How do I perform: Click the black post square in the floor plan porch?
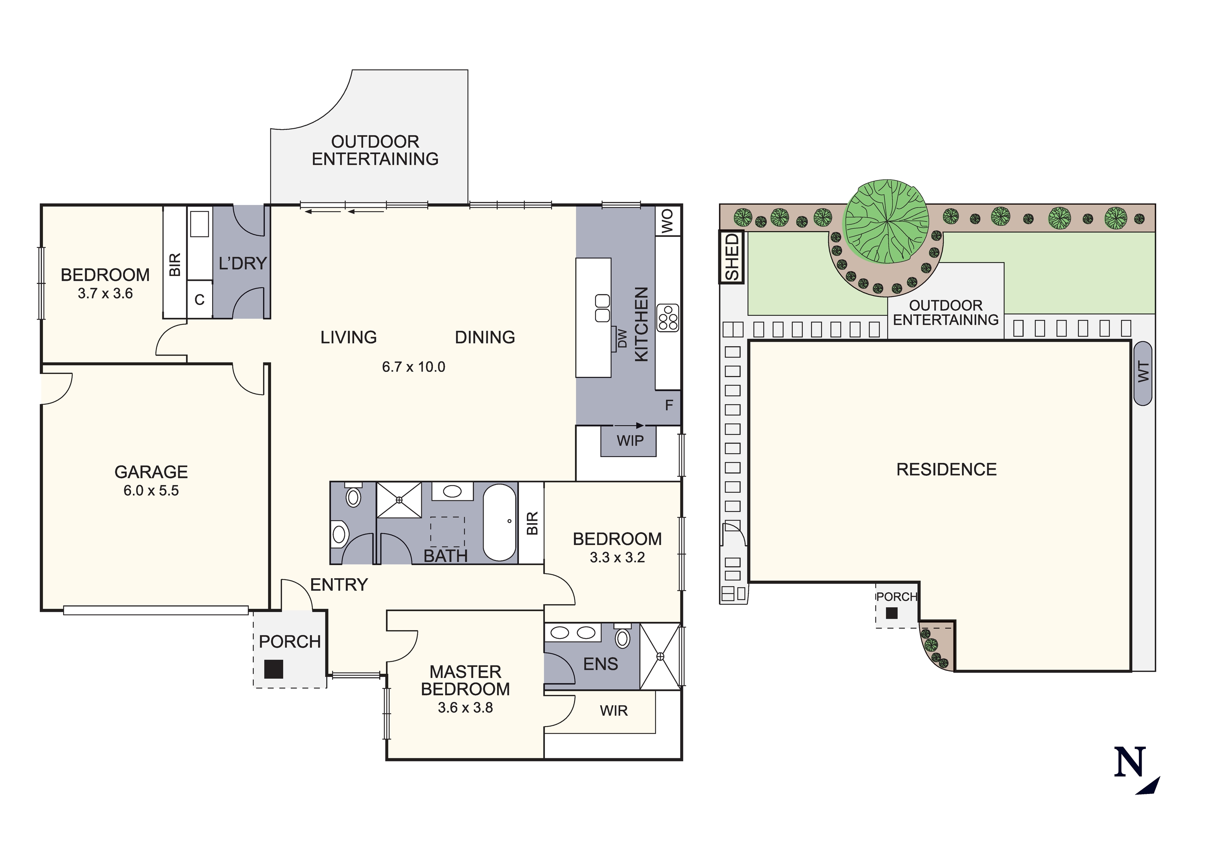pos(273,669)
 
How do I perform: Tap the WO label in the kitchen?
pos(668,221)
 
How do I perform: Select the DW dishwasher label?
pos(622,339)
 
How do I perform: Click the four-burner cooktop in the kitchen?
pos(667,318)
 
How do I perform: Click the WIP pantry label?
pos(630,441)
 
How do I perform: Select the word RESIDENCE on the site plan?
pos(946,469)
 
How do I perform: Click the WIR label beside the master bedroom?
pos(613,710)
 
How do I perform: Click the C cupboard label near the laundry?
pos(199,300)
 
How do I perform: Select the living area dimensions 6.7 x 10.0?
pos(413,367)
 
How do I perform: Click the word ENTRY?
pos(339,584)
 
